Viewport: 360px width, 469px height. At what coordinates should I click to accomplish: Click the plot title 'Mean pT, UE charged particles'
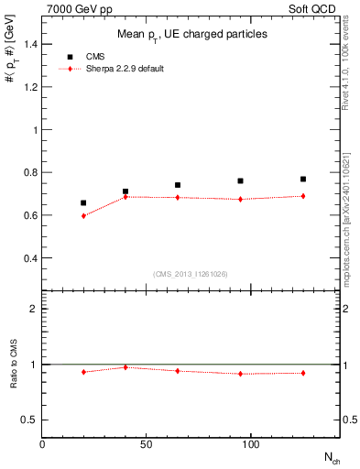tap(191, 34)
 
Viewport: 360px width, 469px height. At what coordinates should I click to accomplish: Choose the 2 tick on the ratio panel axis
tap(35, 309)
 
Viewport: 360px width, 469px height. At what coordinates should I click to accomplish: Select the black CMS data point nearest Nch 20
tap(83, 202)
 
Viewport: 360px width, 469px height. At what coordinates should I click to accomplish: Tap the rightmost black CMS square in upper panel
tap(303, 179)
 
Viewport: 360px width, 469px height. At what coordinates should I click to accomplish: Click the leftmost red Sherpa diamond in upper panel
tap(83, 216)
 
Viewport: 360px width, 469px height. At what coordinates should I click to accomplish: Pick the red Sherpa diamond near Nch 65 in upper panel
tap(178, 197)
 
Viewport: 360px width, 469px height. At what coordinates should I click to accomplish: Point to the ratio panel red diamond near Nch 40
tap(125, 367)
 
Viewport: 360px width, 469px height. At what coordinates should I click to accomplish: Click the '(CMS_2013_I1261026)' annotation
tap(191, 273)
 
